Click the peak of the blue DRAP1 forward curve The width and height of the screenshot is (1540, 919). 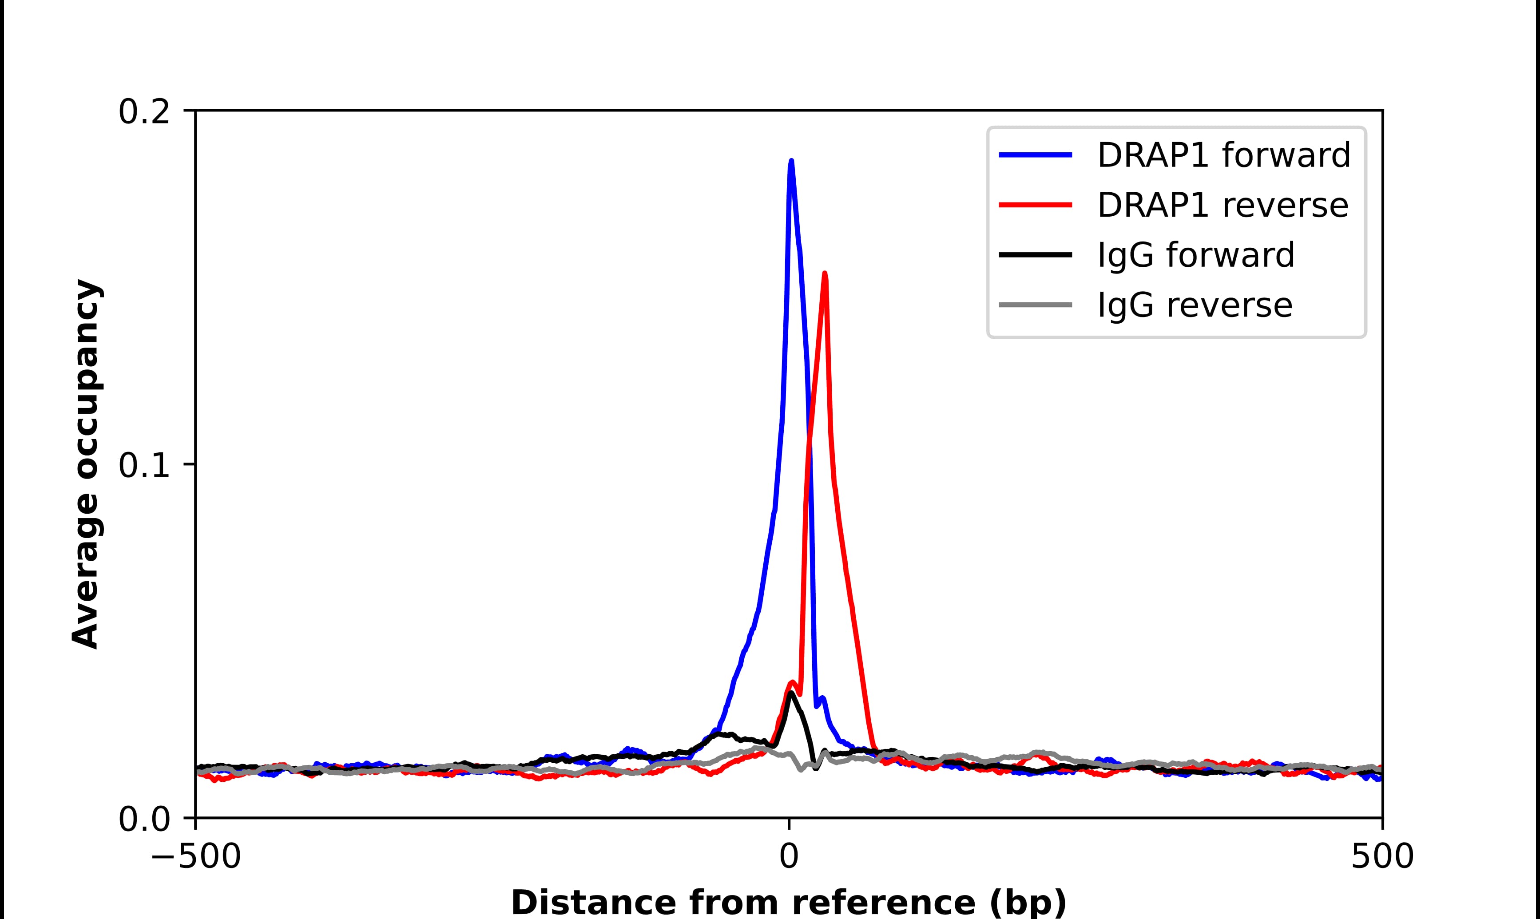(x=791, y=161)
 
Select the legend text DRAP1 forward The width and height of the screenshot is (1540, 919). (x=1223, y=155)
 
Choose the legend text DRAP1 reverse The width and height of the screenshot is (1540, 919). (x=1222, y=205)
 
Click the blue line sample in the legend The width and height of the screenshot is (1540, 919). (x=1036, y=155)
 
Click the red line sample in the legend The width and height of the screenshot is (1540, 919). (x=1036, y=204)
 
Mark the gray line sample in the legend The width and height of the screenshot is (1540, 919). (x=1036, y=305)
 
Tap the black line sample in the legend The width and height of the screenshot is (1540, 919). (x=1036, y=254)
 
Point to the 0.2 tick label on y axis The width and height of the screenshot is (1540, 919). (x=144, y=112)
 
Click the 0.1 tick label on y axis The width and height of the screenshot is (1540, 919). (x=144, y=466)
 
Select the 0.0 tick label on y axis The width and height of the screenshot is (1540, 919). (x=144, y=819)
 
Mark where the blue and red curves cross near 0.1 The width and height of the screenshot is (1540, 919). (x=809, y=441)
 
